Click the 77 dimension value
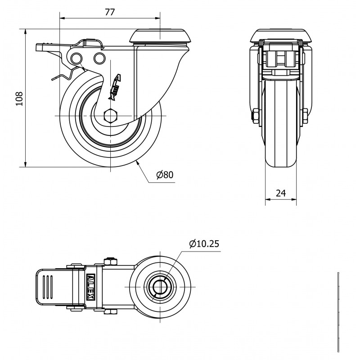click(110, 12)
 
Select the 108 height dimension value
click(19, 99)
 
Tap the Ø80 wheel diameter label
click(165, 175)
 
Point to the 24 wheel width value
click(281, 193)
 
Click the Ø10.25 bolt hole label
click(204, 244)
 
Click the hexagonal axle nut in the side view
click(111, 116)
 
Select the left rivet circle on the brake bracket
click(76, 58)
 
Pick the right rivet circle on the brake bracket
click(99, 58)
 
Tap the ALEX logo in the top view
click(91, 287)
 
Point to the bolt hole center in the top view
click(160, 287)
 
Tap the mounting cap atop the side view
click(160, 36)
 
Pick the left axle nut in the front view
click(256, 116)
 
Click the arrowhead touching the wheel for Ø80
click(138, 163)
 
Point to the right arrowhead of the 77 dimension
click(157, 18)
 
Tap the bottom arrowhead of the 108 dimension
click(25, 164)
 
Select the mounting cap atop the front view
click(280, 36)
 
